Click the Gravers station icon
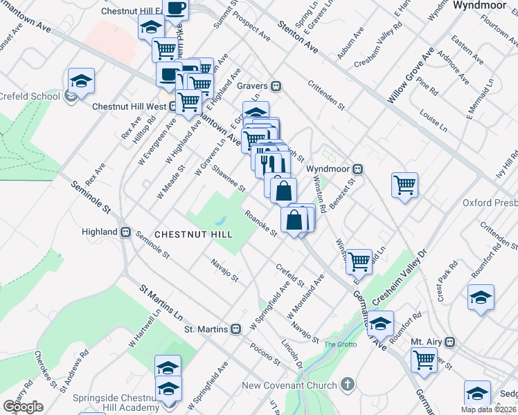276,86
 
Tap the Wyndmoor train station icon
359,169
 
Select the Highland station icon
127,232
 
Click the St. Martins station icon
235,329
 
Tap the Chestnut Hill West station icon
171,107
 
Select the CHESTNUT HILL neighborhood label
193,235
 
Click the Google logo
23,407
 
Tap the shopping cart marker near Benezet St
404,185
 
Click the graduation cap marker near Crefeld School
81,81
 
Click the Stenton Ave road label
297,37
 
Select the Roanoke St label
261,223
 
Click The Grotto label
339,344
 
